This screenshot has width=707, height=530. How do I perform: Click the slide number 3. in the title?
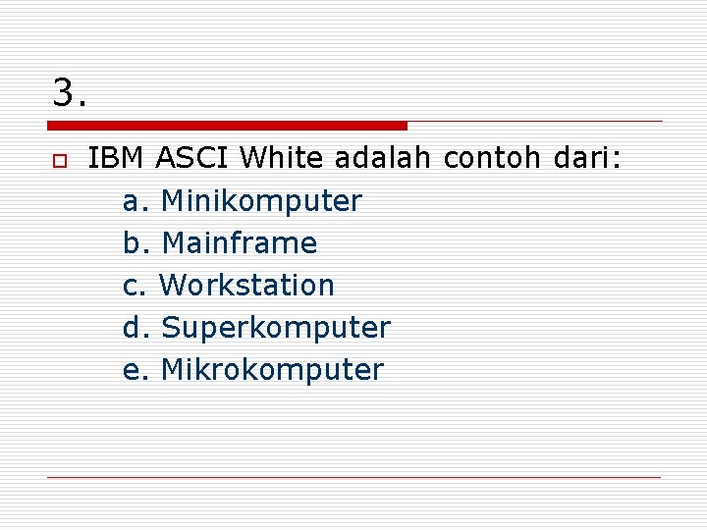click(70, 93)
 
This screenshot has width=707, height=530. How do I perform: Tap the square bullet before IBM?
click(59, 160)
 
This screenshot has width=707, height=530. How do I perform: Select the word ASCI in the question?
click(192, 158)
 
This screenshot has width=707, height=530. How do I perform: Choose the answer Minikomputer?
click(261, 201)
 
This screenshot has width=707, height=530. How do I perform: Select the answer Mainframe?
click(239, 243)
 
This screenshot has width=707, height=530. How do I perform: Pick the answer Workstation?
click(246, 286)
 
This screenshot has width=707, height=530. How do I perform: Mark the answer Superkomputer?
click(275, 328)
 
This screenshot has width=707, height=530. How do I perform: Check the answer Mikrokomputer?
click(272, 370)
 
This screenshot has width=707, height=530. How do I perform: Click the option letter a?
click(135, 202)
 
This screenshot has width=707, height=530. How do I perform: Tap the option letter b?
click(135, 243)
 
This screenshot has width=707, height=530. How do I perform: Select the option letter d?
click(135, 328)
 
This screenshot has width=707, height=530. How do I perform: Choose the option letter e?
click(135, 371)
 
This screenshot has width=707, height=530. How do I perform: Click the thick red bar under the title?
click(227, 126)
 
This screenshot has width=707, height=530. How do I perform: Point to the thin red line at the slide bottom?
click(353, 477)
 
